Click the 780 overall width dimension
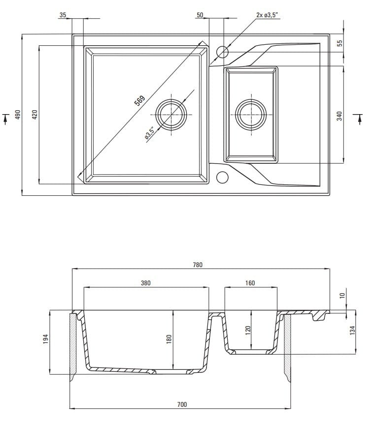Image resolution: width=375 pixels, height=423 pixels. point(197,265)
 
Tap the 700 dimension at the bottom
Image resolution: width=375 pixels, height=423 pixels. point(182,404)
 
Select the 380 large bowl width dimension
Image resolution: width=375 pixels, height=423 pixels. point(145,283)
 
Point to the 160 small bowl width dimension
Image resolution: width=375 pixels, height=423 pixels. point(250,283)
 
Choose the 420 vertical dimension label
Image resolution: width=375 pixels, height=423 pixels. point(34,115)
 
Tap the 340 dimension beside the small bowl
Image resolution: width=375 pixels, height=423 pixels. point(339,117)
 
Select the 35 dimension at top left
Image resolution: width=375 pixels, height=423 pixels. point(63,15)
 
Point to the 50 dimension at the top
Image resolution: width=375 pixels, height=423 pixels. point(200,15)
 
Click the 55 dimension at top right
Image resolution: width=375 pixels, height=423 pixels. point(339,43)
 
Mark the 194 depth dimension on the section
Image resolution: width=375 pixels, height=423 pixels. point(46,339)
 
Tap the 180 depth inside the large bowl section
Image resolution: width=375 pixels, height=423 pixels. point(169,339)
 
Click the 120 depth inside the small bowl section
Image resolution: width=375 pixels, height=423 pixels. point(248,329)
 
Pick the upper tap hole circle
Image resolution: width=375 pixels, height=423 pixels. point(223,52)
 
